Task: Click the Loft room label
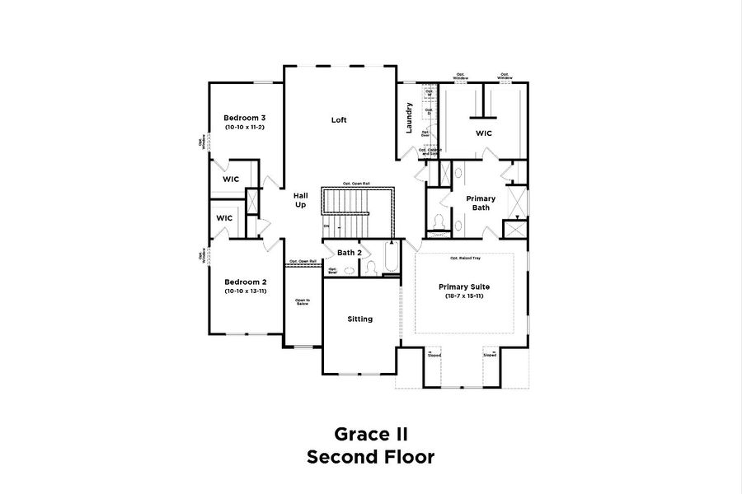click(x=339, y=120)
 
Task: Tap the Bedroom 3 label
click(x=245, y=117)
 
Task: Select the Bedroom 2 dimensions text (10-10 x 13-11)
click(x=245, y=291)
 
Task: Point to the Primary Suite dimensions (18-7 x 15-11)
click(x=463, y=296)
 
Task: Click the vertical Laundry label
click(x=409, y=117)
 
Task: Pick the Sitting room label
click(x=359, y=319)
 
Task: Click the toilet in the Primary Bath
click(x=439, y=221)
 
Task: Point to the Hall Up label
click(x=301, y=199)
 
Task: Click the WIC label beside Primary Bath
click(x=484, y=133)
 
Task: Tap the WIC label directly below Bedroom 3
click(x=231, y=179)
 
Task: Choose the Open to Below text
click(x=303, y=302)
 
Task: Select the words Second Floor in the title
click(x=370, y=457)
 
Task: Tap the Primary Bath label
click(x=481, y=203)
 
